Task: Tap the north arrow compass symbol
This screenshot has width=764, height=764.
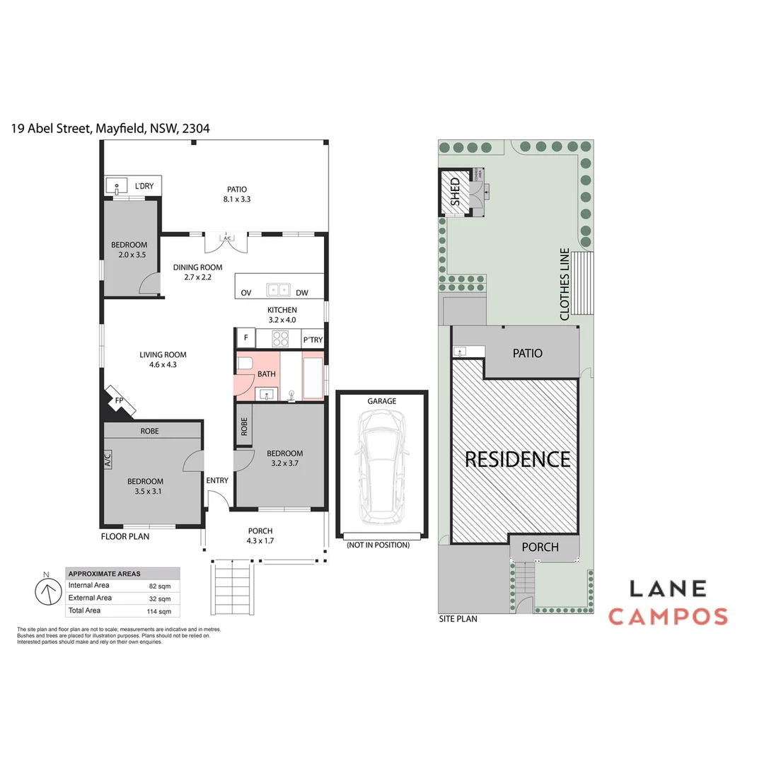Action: [x=48, y=591]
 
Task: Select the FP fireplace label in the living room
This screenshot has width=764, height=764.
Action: [x=120, y=401]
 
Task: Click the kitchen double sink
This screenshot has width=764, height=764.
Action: [x=277, y=289]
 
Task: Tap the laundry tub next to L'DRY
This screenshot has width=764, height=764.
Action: [x=116, y=186]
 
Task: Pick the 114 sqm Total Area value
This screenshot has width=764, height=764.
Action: [x=159, y=611]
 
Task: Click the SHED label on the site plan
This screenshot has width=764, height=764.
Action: [x=455, y=192]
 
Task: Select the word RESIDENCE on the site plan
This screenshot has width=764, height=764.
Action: [x=517, y=459]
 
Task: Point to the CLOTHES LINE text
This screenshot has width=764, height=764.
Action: [x=565, y=284]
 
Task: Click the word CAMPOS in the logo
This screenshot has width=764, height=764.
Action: [x=668, y=616]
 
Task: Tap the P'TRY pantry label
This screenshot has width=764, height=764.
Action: [x=313, y=340]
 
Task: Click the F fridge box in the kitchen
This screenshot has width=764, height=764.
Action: [x=245, y=338]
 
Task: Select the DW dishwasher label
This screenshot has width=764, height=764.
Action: [x=302, y=293]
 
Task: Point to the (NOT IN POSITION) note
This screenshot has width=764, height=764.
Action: [x=377, y=545]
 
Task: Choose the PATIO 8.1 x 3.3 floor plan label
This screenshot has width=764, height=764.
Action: [x=237, y=194]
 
